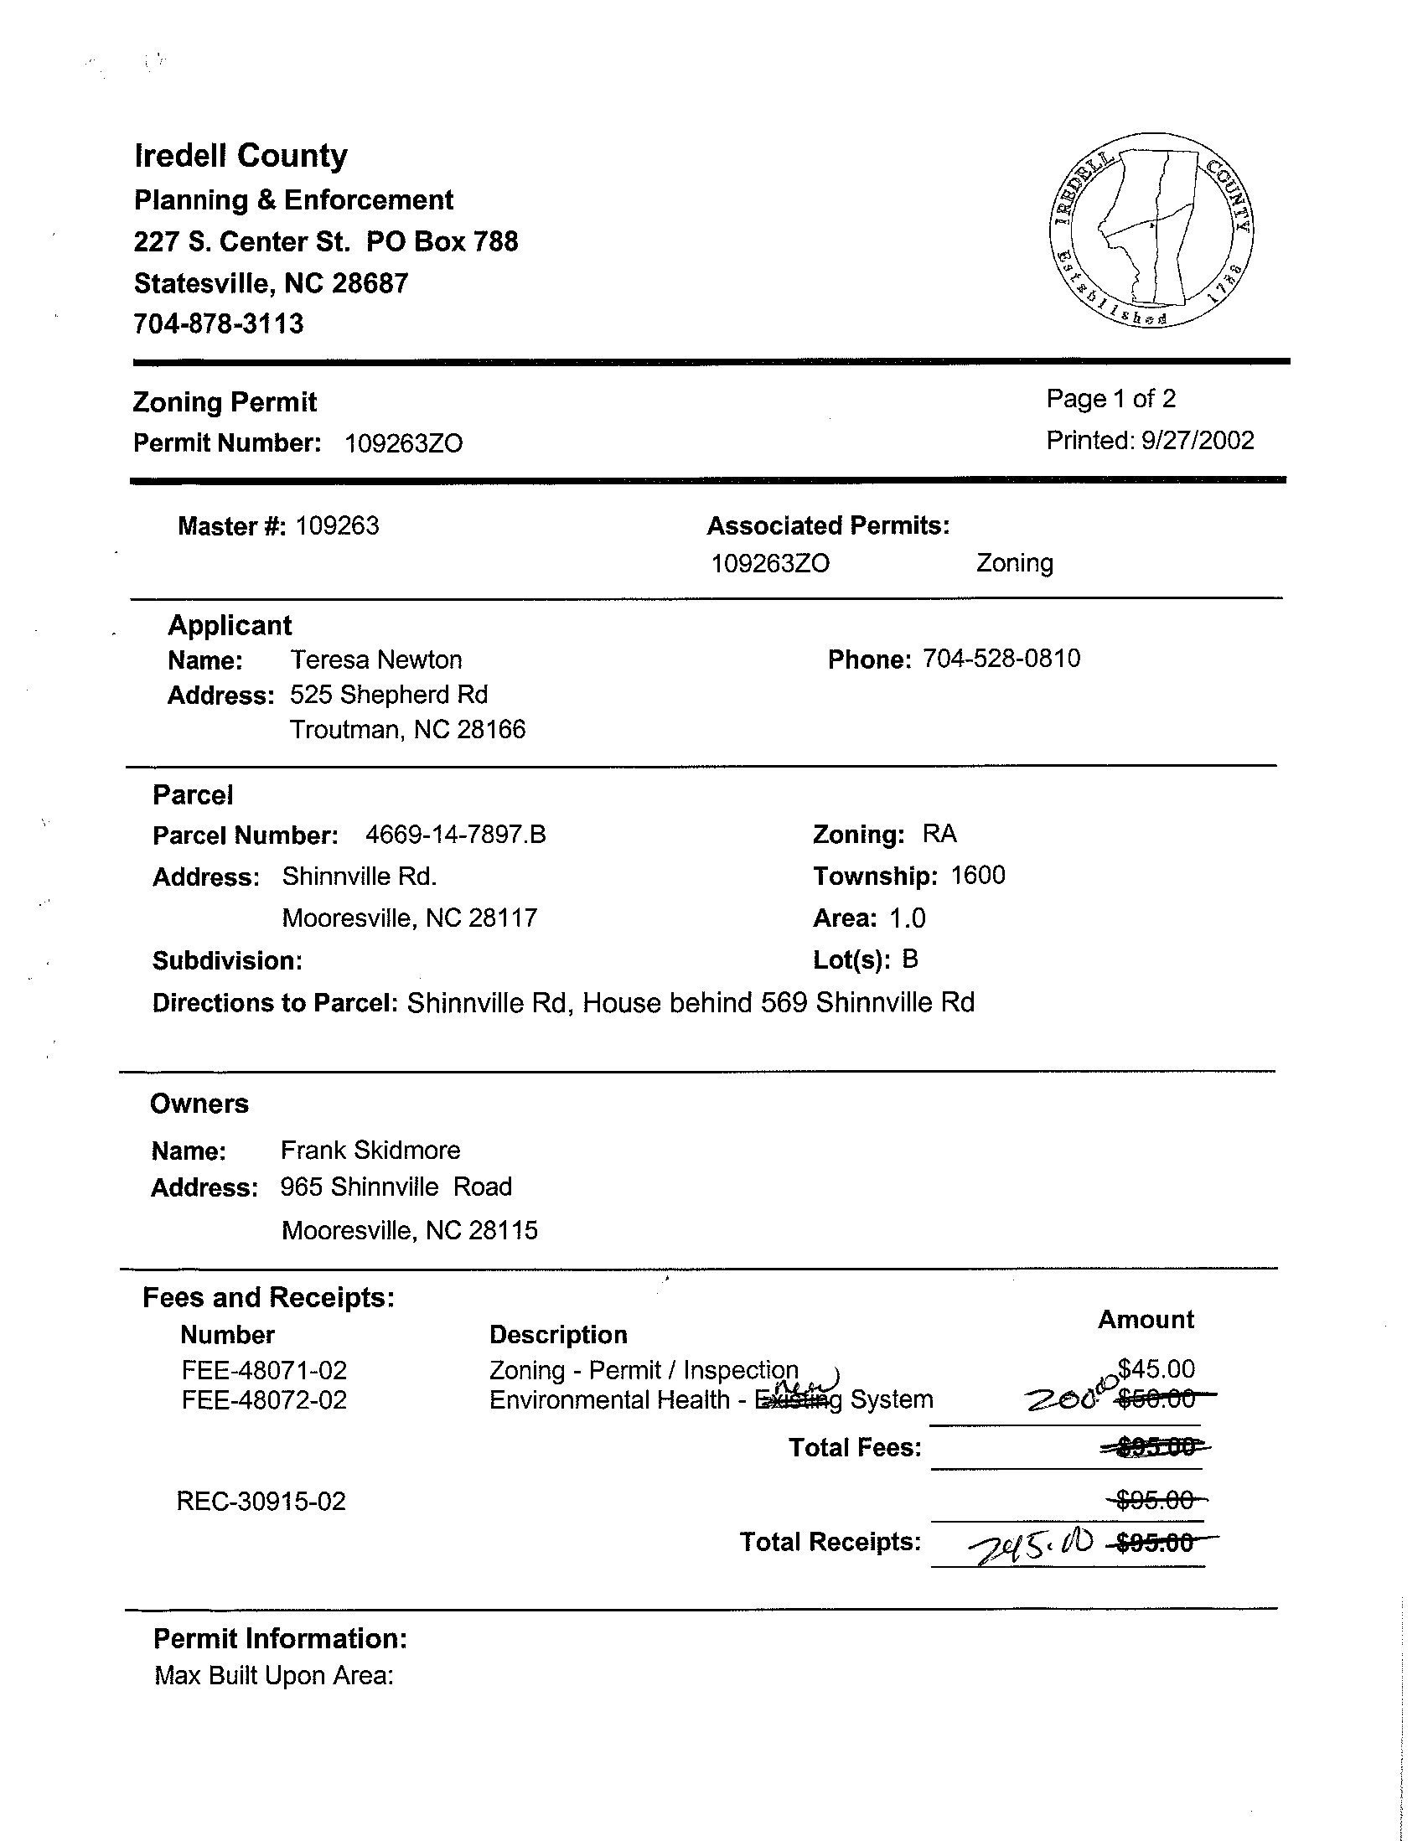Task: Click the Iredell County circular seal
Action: pyautogui.click(x=1151, y=230)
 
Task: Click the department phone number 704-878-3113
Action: pyautogui.click(x=219, y=323)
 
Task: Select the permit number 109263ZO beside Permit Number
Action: pyautogui.click(x=404, y=444)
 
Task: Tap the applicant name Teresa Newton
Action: pyautogui.click(x=376, y=659)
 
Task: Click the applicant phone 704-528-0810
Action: pyautogui.click(x=1001, y=659)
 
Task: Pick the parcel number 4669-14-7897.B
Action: pyautogui.click(x=455, y=835)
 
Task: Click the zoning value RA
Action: pyautogui.click(x=939, y=834)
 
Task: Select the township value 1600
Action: pyautogui.click(x=978, y=876)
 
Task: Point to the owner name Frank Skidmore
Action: pyautogui.click(x=370, y=1150)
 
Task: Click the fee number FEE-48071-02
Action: pyautogui.click(x=264, y=1370)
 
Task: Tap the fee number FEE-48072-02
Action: pyautogui.click(x=264, y=1400)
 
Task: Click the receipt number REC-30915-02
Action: pyautogui.click(x=261, y=1502)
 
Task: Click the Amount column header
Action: pyautogui.click(x=1146, y=1319)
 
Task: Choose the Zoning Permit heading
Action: pyautogui.click(x=225, y=402)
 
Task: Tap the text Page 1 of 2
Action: pyautogui.click(x=1110, y=399)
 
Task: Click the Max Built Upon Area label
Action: pyautogui.click(x=274, y=1675)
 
